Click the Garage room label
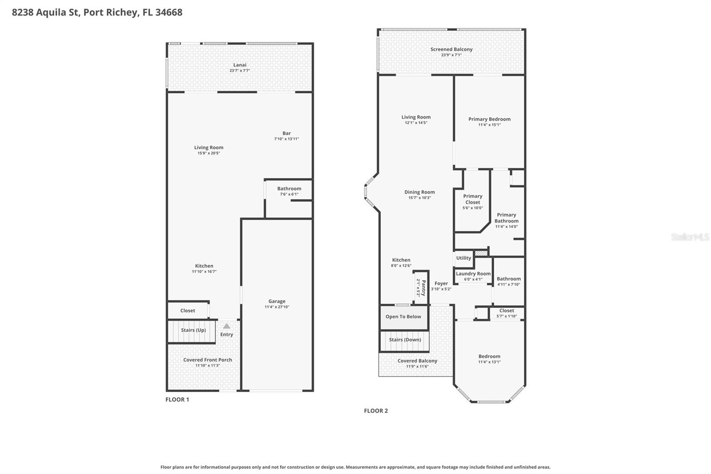(276, 301)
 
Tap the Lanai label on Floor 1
(240, 65)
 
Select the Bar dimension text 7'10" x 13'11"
(286, 139)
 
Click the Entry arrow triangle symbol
(227, 326)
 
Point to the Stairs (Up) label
(193, 330)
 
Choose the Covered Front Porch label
(208, 360)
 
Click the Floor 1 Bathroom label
(289, 189)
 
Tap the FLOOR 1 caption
(177, 400)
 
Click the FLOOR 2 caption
(376, 411)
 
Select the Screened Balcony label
(451, 49)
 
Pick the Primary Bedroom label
(489, 119)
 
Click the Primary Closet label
(472, 199)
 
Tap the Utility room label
(463, 258)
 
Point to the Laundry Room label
(473, 274)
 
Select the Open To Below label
(403, 317)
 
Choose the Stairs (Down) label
(405, 340)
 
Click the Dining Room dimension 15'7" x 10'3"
(419, 198)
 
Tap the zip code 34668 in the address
(169, 12)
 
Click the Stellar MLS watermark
(690, 237)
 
